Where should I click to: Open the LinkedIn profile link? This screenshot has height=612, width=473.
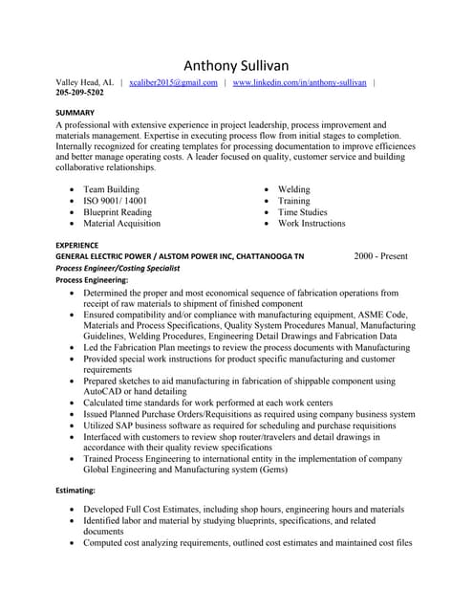pyautogui.click(x=299, y=83)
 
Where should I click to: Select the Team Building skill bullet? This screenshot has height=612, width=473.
pyautogui.click(x=111, y=189)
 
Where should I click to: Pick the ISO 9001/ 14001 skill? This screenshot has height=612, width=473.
pyautogui.click(x=115, y=201)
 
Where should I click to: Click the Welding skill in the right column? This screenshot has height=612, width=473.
pyautogui.click(x=293, y=189)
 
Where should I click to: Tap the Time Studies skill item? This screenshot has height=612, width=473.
pyautogui.click(x=302, y=212)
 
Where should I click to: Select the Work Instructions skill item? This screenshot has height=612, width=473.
pyautogui.click(x=312, y=224)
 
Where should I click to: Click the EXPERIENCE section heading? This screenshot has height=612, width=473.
pyautogui.click(x=77, y=245)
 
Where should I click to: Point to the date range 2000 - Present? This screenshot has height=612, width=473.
pyautogui.click(x=380, y=256)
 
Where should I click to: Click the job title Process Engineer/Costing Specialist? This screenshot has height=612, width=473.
pyautogui.click(x=129, y=269)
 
